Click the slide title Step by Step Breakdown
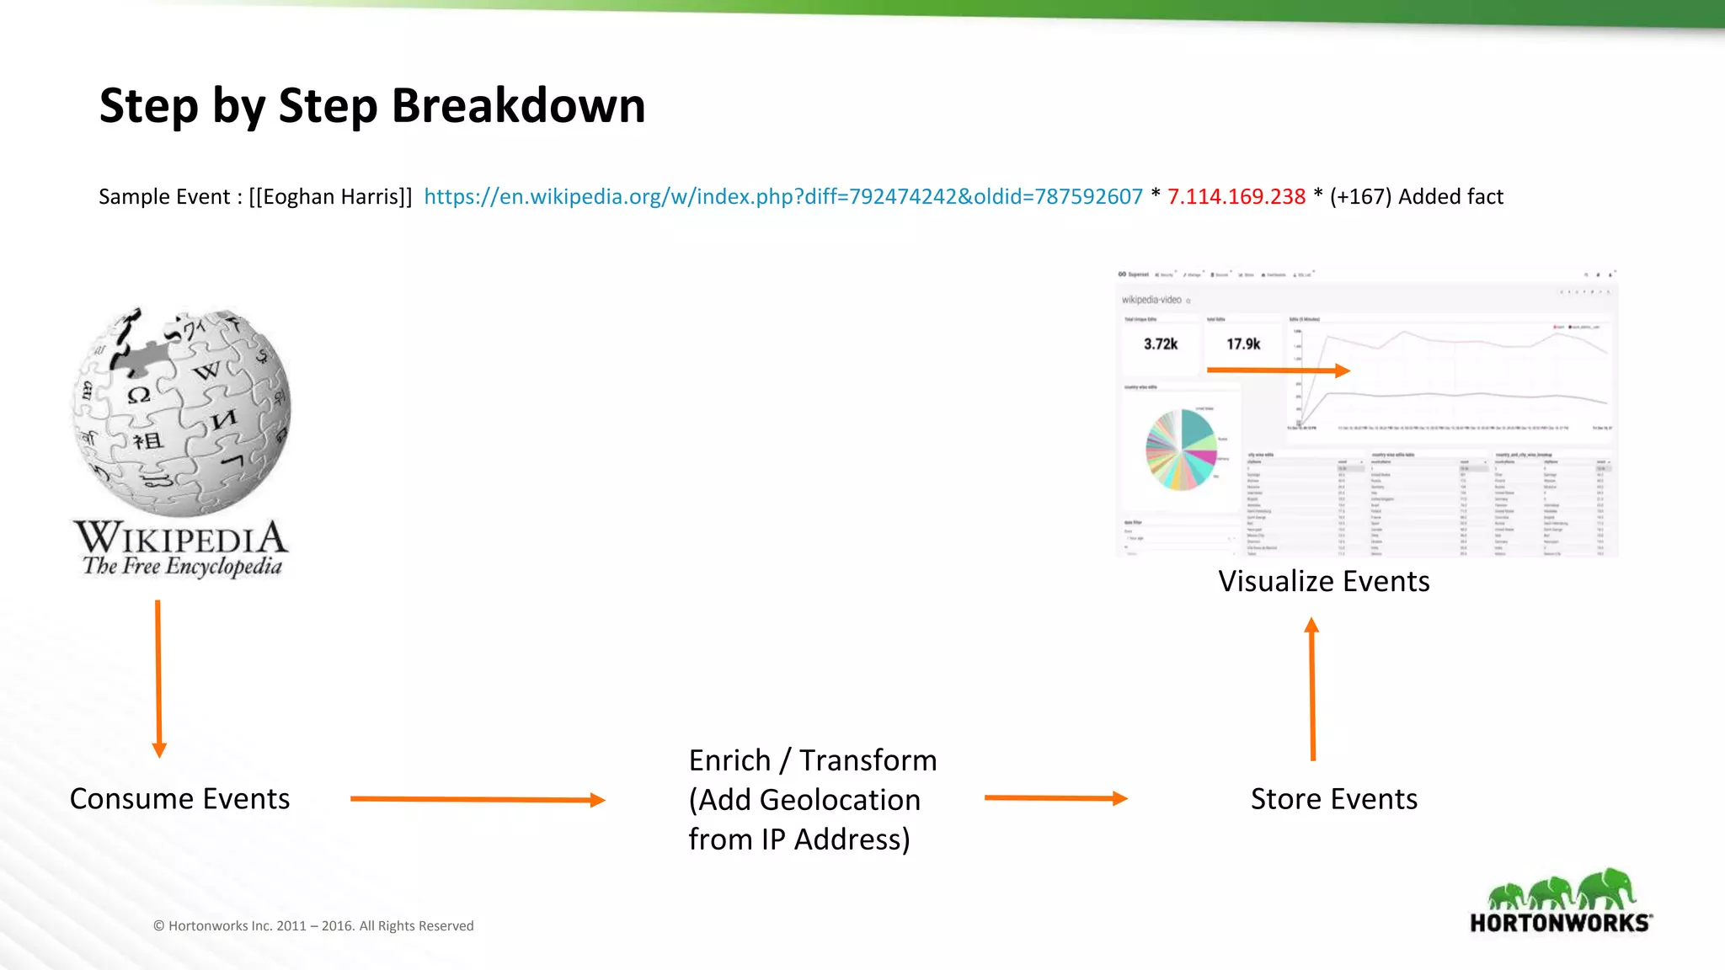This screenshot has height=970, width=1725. tap(371, 106)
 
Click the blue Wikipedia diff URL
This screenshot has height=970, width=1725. tap(782, 197)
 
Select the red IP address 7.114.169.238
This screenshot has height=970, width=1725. tap(1236, 197)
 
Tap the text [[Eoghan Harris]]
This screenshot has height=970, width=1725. tap(330, 197)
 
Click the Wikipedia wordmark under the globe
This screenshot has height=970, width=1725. tap(180, 536)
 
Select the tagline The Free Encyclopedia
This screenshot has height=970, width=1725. tap(182, 567)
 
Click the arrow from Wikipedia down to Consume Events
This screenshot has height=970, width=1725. tap(158, 678)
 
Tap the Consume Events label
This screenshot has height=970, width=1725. tap(179, 798)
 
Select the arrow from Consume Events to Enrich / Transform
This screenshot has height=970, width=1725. tap(477, 799)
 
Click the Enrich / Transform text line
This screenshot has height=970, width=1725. tap(812, 760)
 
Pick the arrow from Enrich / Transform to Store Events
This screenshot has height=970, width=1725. tap(1055, 798)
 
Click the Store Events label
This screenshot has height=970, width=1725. tap(1333, 798)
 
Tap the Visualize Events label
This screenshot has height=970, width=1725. tap(1323, 581)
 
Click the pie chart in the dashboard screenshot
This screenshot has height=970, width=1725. tap(1181, 450)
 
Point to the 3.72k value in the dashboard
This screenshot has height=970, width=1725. tap(1160, 344)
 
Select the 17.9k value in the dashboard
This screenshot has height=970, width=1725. tap(1242, 344)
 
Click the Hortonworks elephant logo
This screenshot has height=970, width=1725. tap(1561, 901)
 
